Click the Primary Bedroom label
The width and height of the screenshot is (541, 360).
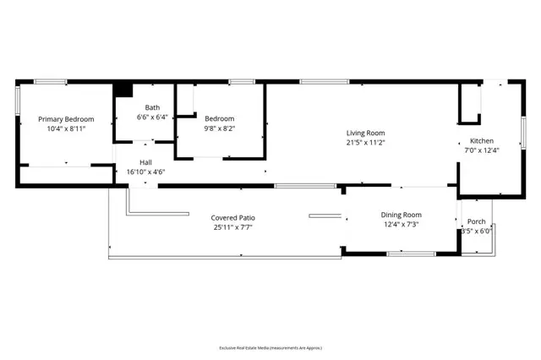pyautogui.click(x=66, y=120)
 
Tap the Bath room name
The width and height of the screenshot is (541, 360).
pyautogui.click(x=152, y=107)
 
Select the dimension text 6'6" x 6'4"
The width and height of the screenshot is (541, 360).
pyautogui.click(x=152, y=118)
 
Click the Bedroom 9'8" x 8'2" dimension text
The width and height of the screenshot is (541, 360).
pyautogui.click(x=219, y=130)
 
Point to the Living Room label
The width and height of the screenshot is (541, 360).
pyautogui.click(x=365, y=133)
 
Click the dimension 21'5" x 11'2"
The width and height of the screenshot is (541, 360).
pyautogui.click(x=365, y=144)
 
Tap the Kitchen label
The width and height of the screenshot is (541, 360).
pyautogui.click(x=482, y=140)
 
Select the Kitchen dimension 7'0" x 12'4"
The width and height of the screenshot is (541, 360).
pyautogui.click(x=482, y=151)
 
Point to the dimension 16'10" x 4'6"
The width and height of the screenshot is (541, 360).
pyautogui.click(x=146, y=172)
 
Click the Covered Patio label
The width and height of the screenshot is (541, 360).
pyautogui.click(x=232, y=217)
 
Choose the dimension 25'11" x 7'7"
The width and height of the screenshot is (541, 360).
pyautogui.click(x=232, y=228)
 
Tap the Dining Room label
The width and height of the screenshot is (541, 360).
pyautogui.click(x=401, y=215)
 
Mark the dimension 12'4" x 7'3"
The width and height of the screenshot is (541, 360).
pyautogui.click(x=401, y=225)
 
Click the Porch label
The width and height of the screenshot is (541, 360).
pyautogui.click(x=477, y=221)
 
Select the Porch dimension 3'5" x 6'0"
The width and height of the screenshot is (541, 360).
pyautogui.click(x=476, y=232)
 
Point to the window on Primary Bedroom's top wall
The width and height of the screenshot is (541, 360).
pyautogui.click(x=51, y=82)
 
